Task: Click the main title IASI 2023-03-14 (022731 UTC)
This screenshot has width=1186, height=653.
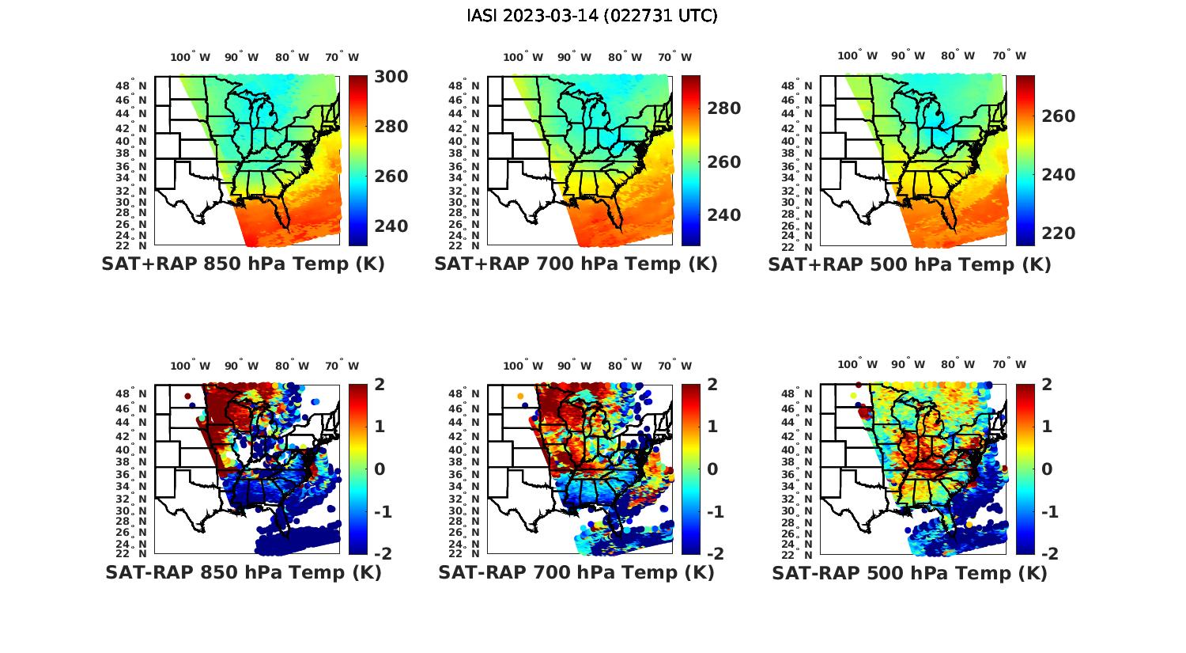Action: coord(592,15)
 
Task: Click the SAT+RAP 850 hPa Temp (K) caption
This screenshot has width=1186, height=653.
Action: coord(243,264)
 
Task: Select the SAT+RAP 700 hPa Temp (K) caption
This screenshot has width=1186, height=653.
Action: coord(576,264)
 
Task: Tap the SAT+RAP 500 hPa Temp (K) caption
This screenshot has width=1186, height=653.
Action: coord(909,264)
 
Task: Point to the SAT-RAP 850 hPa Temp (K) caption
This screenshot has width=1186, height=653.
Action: coord(243,572)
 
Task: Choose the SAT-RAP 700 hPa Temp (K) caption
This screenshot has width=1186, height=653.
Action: coord(576,572)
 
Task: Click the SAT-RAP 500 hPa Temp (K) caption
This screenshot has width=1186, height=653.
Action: coord(909,572)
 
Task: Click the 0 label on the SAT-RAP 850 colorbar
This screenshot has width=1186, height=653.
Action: coord(380,469)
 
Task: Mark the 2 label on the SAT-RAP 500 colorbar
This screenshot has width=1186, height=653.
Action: coord(1046,385)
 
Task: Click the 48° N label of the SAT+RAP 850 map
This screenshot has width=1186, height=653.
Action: coord(131,85)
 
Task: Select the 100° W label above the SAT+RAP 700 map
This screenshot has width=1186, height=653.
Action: coord(523,56)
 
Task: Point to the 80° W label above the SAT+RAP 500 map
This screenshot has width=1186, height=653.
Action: coord(957,55)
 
